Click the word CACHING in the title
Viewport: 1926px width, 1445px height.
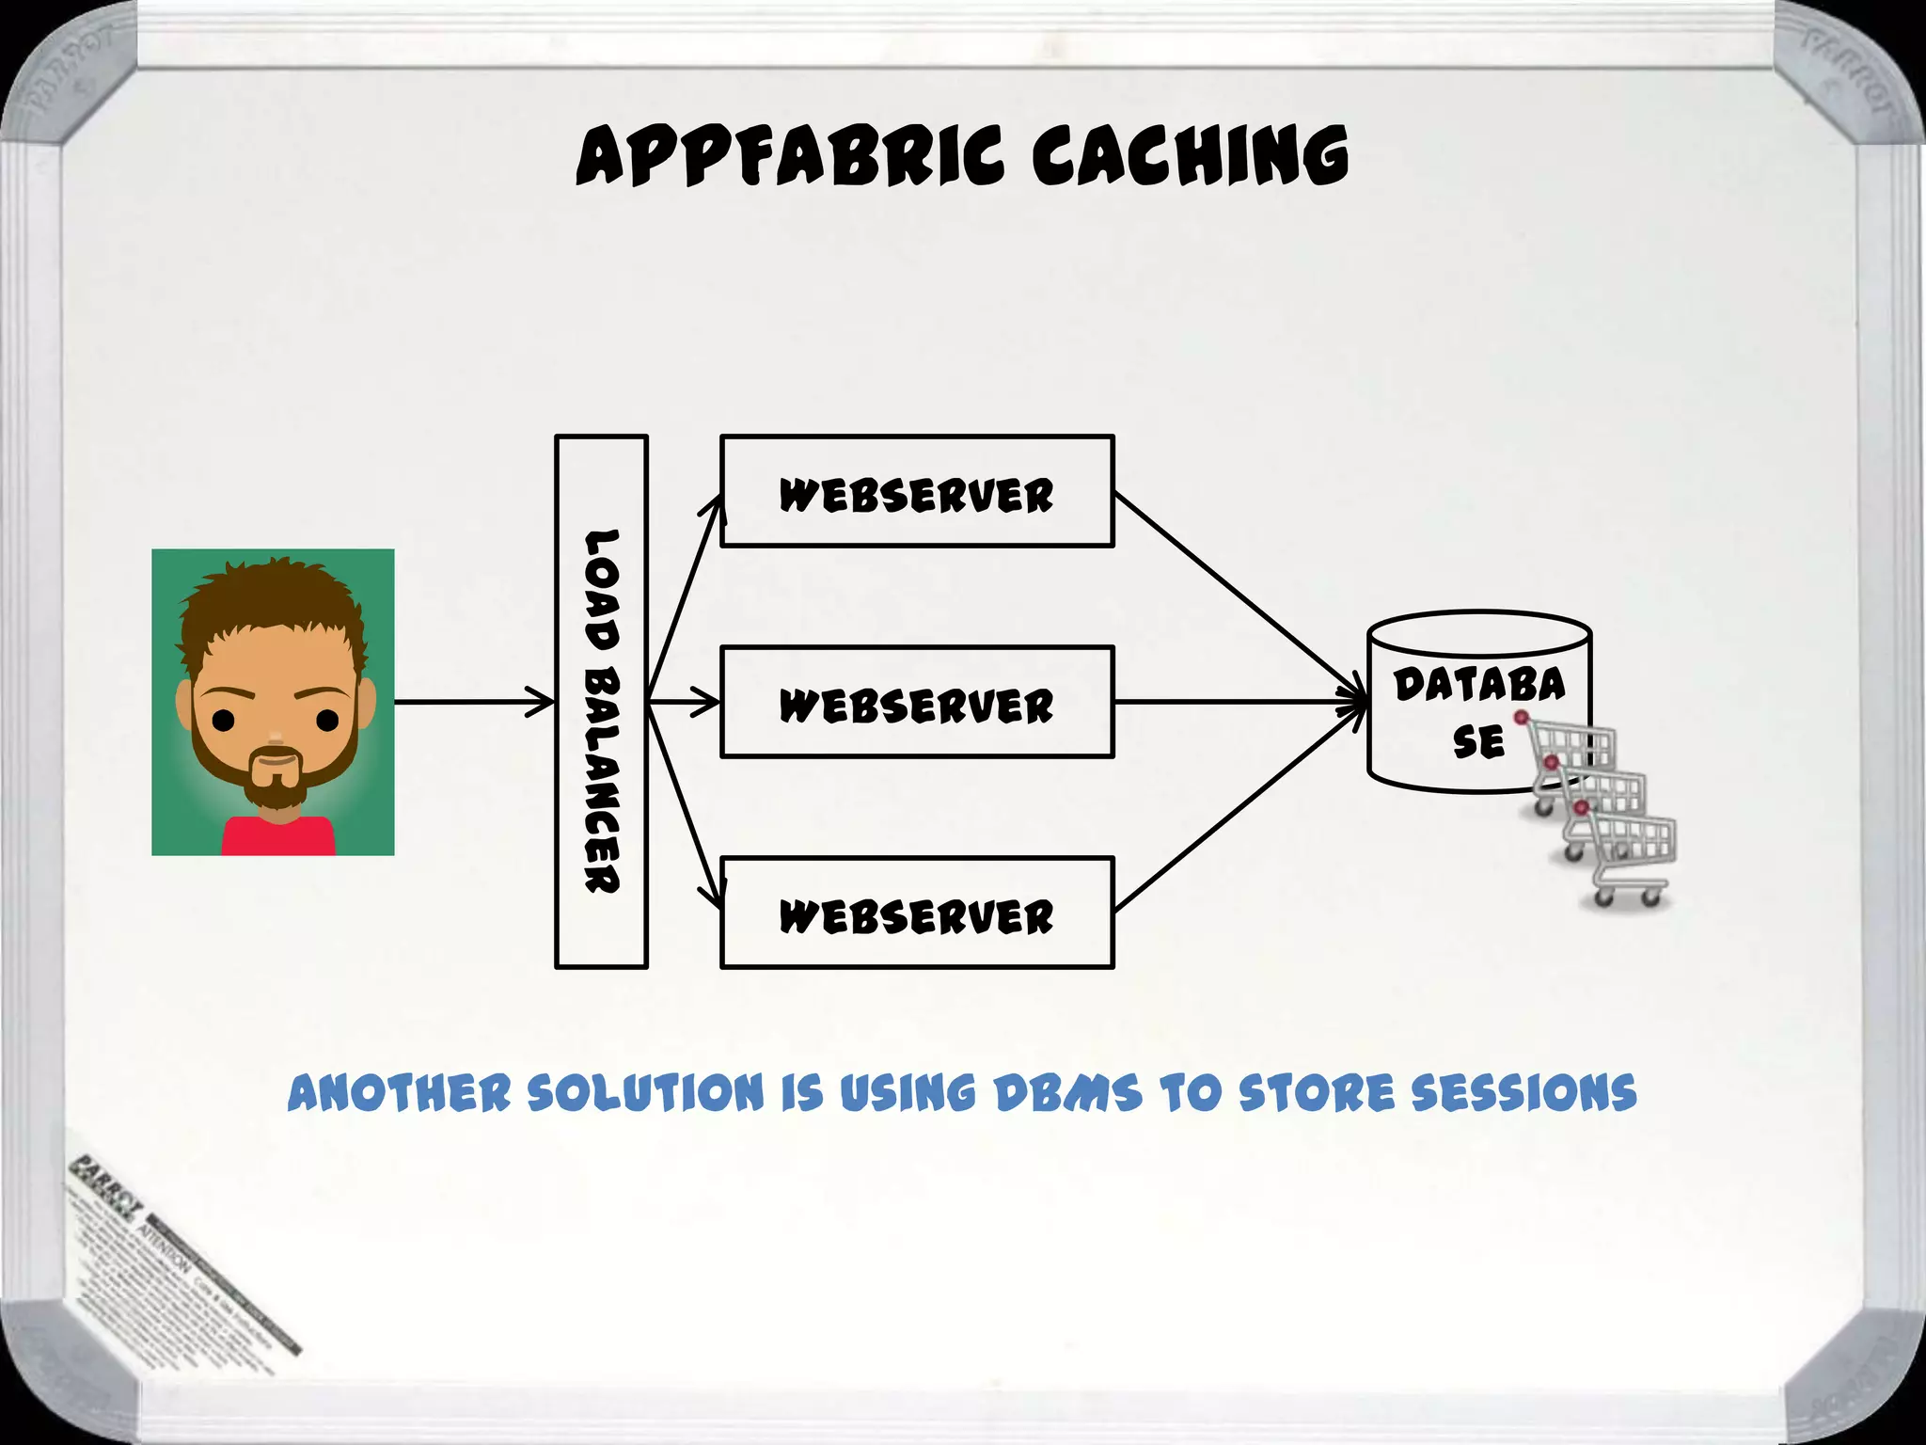pyautogui.click(x=1190, y=156)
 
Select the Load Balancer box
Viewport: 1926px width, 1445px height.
pyautogui.click(x=602, y=702)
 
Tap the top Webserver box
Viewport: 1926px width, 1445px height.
pyautogui.click(x=917, y=491)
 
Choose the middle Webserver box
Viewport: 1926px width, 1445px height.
pyautogui.click(x=917, y=702)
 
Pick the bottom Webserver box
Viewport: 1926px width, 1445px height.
pyautogui.click(x=917, y=913)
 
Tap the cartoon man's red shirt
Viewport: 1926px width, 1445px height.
pyautogui.click(x=277, y=837)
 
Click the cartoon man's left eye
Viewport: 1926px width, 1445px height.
pyautogui.click(x=223, y=722)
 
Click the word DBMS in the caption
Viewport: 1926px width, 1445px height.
pyautogui.click(x=1068, y=1094)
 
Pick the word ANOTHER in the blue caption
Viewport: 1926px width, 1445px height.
pyautogui.click(x=399, y=1094)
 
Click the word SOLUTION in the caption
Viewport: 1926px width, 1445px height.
pyautogui.click(x=645, y=1094)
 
